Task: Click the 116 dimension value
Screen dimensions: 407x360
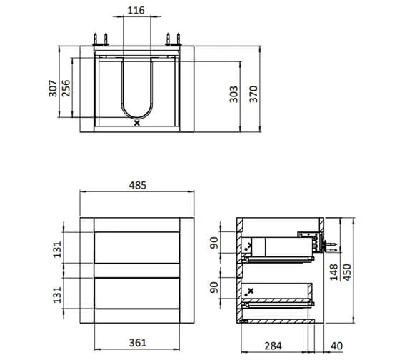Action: point(136,11)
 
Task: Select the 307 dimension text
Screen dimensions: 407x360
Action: point(53,89)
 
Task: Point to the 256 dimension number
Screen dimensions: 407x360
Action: point(66,89)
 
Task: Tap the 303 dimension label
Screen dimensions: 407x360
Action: point(233,94)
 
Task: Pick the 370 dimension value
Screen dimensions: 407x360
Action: point(253,94)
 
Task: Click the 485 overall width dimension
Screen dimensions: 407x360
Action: point(138,185)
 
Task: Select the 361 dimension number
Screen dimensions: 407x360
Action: point(138,343)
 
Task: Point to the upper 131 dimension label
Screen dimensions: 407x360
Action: point(57,249)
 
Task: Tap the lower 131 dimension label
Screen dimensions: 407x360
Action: point(57,294)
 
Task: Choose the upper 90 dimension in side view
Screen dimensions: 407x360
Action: point(214,243)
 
